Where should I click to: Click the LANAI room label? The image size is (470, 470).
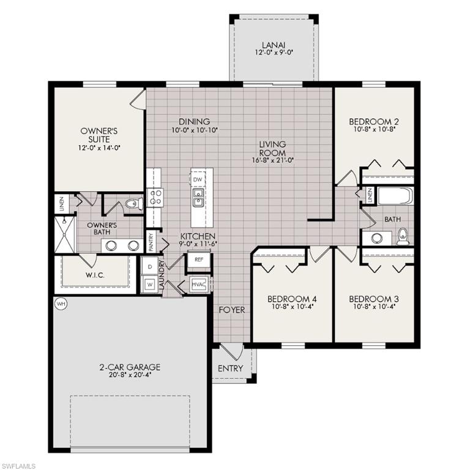[273, 45]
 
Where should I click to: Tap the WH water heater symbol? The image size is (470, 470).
[60, 303]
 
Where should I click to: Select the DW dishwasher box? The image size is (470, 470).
[197, 180]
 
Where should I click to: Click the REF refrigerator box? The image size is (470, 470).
[198, 259]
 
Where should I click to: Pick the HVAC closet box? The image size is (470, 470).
[198, 285]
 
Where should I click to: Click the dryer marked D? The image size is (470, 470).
[149, 267]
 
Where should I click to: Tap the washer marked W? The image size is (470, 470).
[149, 284]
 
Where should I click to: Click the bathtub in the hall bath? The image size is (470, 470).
[395, 196]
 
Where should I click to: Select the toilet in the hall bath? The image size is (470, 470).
[403, 236]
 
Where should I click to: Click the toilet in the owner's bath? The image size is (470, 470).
[133, 203]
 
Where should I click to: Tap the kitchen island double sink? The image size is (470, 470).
[198, 198]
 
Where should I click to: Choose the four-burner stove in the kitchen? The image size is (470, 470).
[154, 197]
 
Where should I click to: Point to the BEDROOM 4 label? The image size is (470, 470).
[292, 299]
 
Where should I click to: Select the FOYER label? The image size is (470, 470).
[232, 310]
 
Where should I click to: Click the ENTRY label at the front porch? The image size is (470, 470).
[230, 368]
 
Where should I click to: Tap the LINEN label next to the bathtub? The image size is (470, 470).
[370, 195]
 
